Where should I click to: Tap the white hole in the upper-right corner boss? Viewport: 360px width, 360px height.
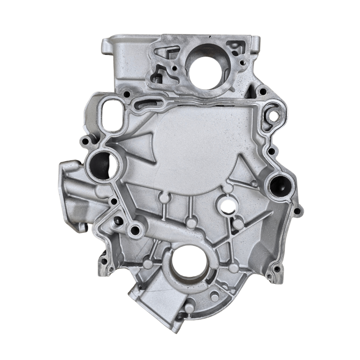pyautogui.click(x=273, y=116)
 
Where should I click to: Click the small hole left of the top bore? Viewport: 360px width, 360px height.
pyautogui.click(x=174, y=67)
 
